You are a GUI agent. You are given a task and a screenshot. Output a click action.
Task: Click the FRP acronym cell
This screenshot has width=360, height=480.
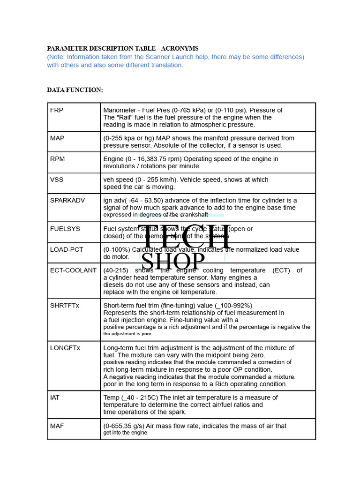click(x=57, y=111)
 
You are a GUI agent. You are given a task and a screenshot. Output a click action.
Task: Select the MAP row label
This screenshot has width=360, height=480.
click(x=57, y=138)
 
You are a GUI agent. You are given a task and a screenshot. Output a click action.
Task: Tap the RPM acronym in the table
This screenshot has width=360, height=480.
click(x=58, y=159)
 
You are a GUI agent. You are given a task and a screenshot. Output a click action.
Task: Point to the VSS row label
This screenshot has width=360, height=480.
click(x=57, y=180)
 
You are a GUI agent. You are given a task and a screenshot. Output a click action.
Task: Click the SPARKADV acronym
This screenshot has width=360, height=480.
click(x=67, y=201)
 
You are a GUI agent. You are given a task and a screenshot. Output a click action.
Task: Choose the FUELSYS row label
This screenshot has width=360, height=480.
click(x=65, y=229)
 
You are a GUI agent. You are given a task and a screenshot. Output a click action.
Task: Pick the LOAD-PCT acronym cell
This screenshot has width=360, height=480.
click(x=67, y=250)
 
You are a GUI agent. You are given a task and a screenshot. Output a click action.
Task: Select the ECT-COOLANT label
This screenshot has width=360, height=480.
click(x=73, y=270)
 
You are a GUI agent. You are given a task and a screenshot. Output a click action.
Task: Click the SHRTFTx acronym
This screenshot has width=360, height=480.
click(x=65, y=306)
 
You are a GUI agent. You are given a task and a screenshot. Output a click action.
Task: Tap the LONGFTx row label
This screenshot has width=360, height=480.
click(x=65, y=348)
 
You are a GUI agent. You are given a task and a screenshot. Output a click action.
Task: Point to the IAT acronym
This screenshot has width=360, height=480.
click(x=55, y=397)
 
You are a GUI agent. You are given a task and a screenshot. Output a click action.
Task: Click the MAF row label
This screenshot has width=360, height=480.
click(x=57, y=426)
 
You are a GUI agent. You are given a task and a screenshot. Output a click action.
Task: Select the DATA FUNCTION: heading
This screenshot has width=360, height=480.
click(x=75, y=90)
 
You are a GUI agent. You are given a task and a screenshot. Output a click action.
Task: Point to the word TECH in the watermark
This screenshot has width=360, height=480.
click(x=183, y=237)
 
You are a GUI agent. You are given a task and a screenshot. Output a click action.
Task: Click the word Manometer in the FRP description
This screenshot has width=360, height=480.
click(x=121, y=111)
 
